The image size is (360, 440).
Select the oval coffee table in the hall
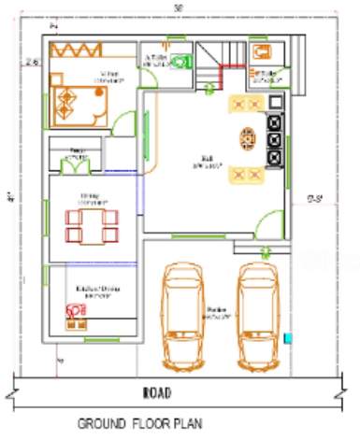247,139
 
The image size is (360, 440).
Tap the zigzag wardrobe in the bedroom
88,50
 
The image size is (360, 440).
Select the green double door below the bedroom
74,165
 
